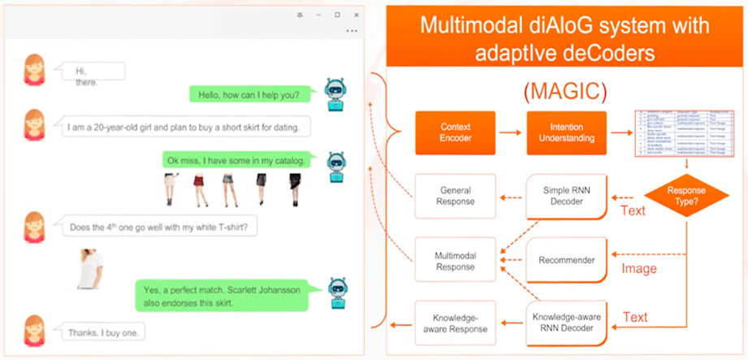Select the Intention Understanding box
point(565,132)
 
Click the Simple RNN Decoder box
point(565,196)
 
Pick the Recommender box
point(565,261)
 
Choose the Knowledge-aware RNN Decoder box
point(565,323)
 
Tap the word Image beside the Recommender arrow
point(638,268)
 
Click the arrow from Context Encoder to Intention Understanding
point(510,132)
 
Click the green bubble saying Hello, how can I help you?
point(249,94)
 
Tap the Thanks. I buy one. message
point(110,332)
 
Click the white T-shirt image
point(91,269)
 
